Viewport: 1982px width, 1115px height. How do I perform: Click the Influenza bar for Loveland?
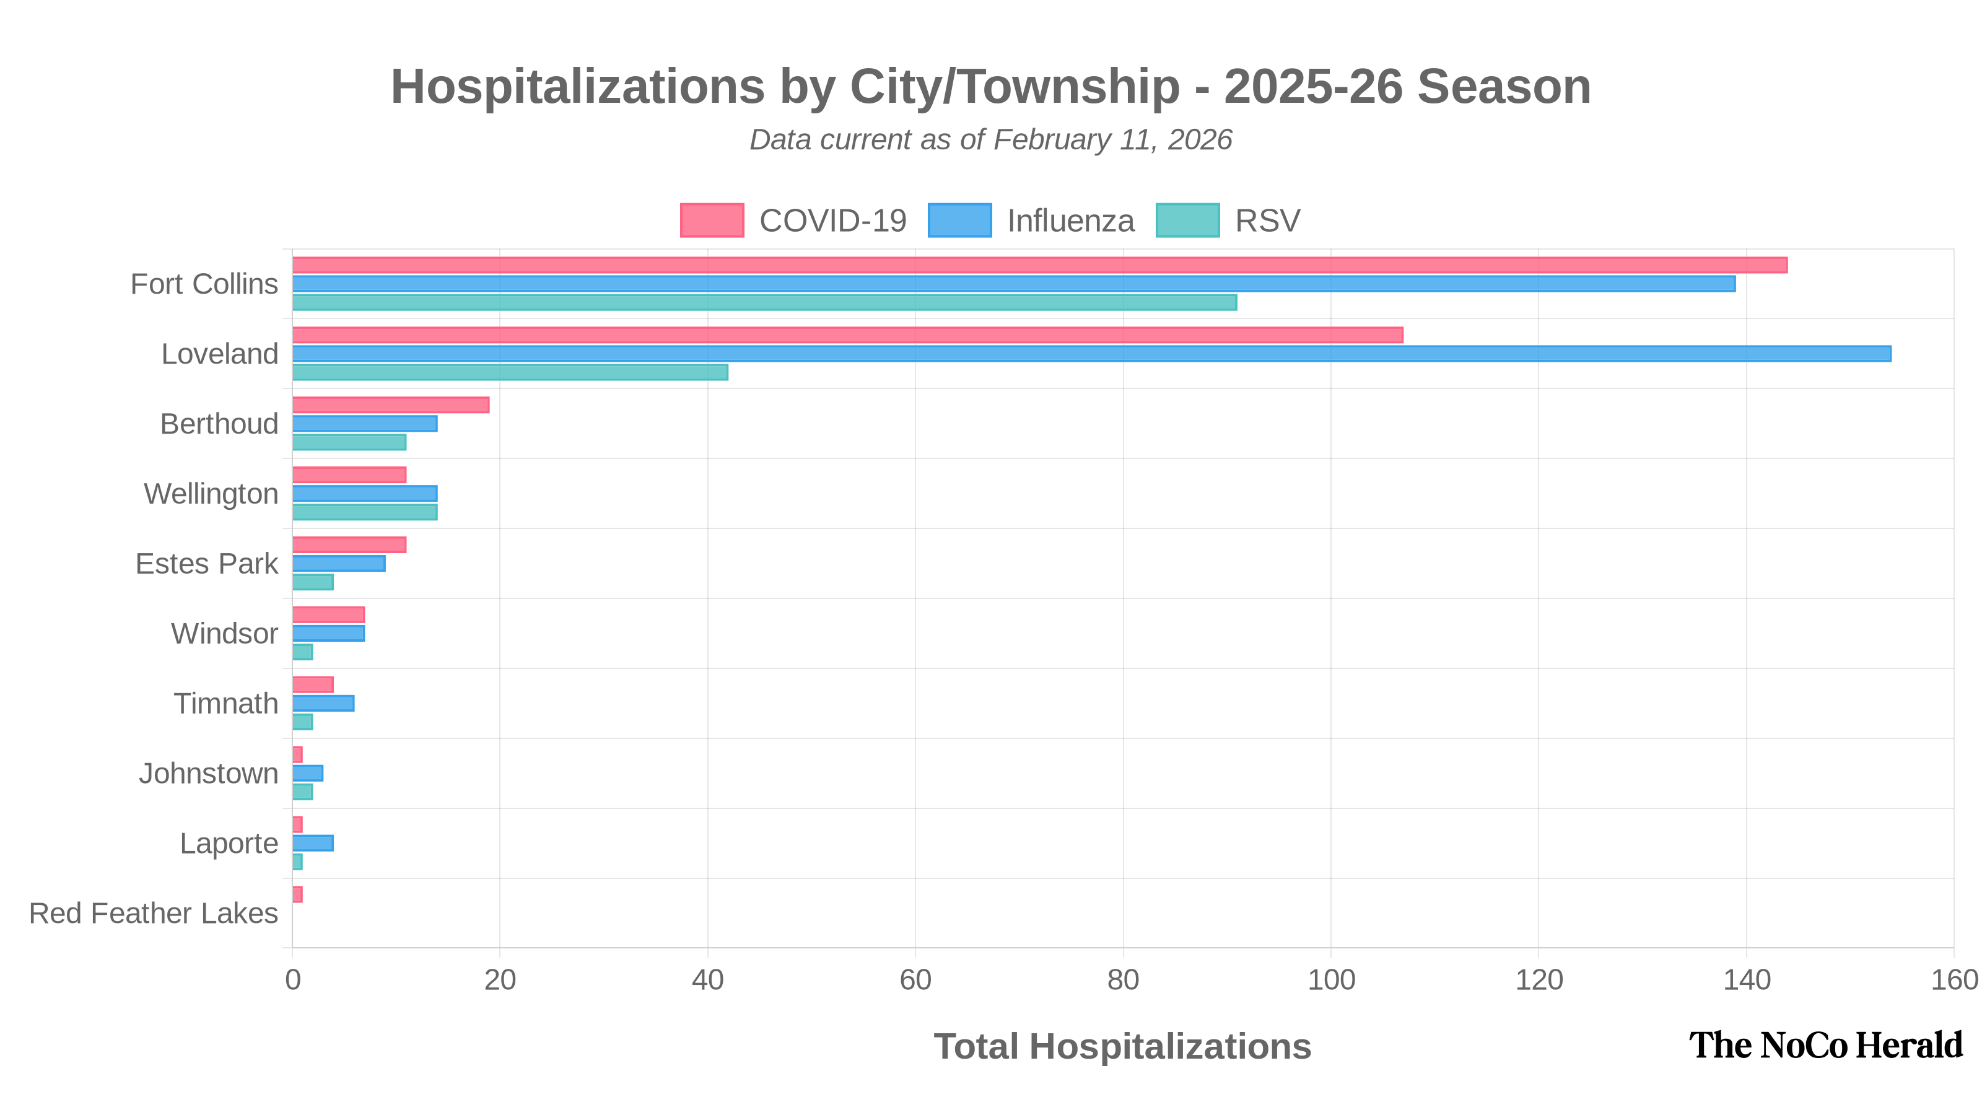click(x=1092, y=354)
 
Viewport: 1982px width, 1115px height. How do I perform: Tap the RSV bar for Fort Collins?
click(x=765, y=302)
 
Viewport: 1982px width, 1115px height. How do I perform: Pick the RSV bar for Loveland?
click(x=510, y=372)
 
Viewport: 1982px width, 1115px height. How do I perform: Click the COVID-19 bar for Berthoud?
click(x=391, y=406)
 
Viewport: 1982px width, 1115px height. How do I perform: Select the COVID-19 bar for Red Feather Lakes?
click(x=298, y=895)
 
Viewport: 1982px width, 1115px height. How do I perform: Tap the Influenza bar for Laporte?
click(x=313, y=843)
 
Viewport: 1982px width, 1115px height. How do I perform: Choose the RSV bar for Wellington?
click(x=365, y=512)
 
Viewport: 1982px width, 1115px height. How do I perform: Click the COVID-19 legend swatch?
click(x=712, y=221)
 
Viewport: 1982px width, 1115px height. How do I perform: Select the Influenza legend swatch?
click(x=959, y=221)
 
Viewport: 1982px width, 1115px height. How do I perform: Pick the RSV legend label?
click(x=1267, y=221)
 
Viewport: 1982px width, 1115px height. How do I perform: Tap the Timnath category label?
click(x=225, y=703)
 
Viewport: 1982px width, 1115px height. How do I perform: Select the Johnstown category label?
click(x=209, y=773)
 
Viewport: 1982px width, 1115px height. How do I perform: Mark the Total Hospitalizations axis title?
click(x=1122, y=1046)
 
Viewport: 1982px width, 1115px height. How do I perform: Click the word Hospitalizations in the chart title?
click(x=577, y=86)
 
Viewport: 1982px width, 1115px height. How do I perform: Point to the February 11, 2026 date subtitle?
click(x=1112, y=140)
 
